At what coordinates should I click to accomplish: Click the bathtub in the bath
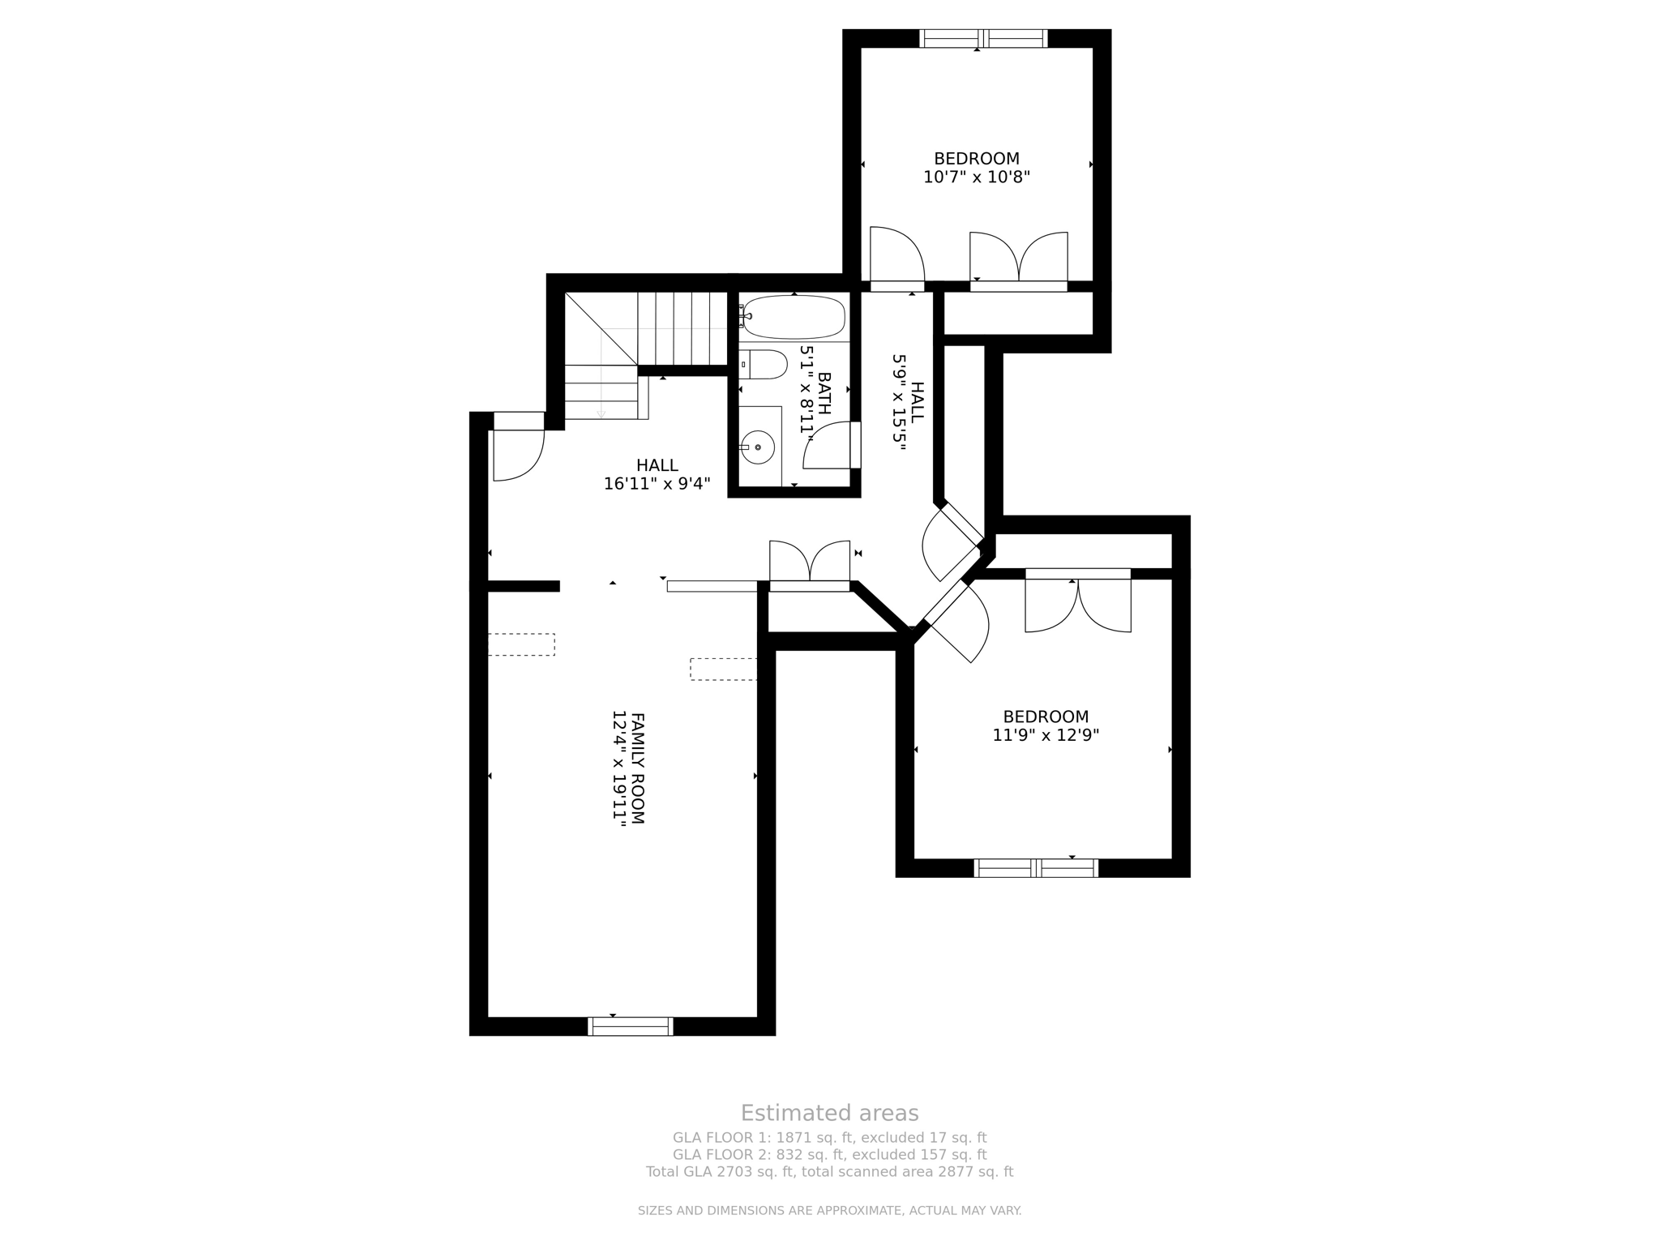(x=794, y=317)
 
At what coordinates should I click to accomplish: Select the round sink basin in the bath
(x=758, y=447)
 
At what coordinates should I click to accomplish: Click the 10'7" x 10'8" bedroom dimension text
(x=976, y=177)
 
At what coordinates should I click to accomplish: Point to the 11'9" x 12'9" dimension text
(x=1046, y=735)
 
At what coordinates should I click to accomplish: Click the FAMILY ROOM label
(x=637, y=768)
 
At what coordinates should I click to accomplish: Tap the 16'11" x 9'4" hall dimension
(x=657, y=484)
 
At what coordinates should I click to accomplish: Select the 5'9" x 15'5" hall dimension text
(x=899, y=403)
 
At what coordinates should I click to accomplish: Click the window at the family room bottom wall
(x=631, y=1026)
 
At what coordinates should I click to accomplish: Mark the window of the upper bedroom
(x=982, y=38)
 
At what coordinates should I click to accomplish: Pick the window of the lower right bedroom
(x=1036, y=868)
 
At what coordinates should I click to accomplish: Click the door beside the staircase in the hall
(x=517, y=454)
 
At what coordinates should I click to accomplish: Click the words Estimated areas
(x=829, y=1113)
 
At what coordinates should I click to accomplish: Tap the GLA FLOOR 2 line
(x=829, y=1154)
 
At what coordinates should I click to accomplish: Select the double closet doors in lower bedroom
(x=1077, y=604)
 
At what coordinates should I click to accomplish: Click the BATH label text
(x=824, y=393)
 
